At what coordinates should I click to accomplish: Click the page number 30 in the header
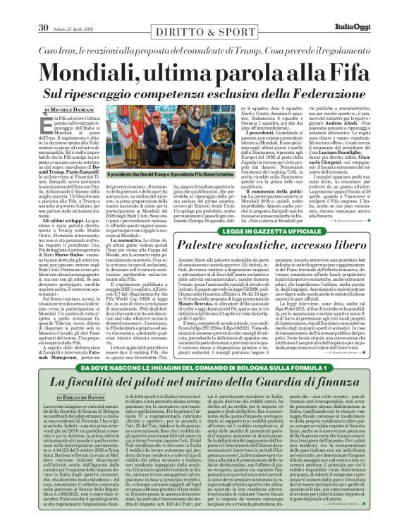pyautogui.click(x=42, y=8)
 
